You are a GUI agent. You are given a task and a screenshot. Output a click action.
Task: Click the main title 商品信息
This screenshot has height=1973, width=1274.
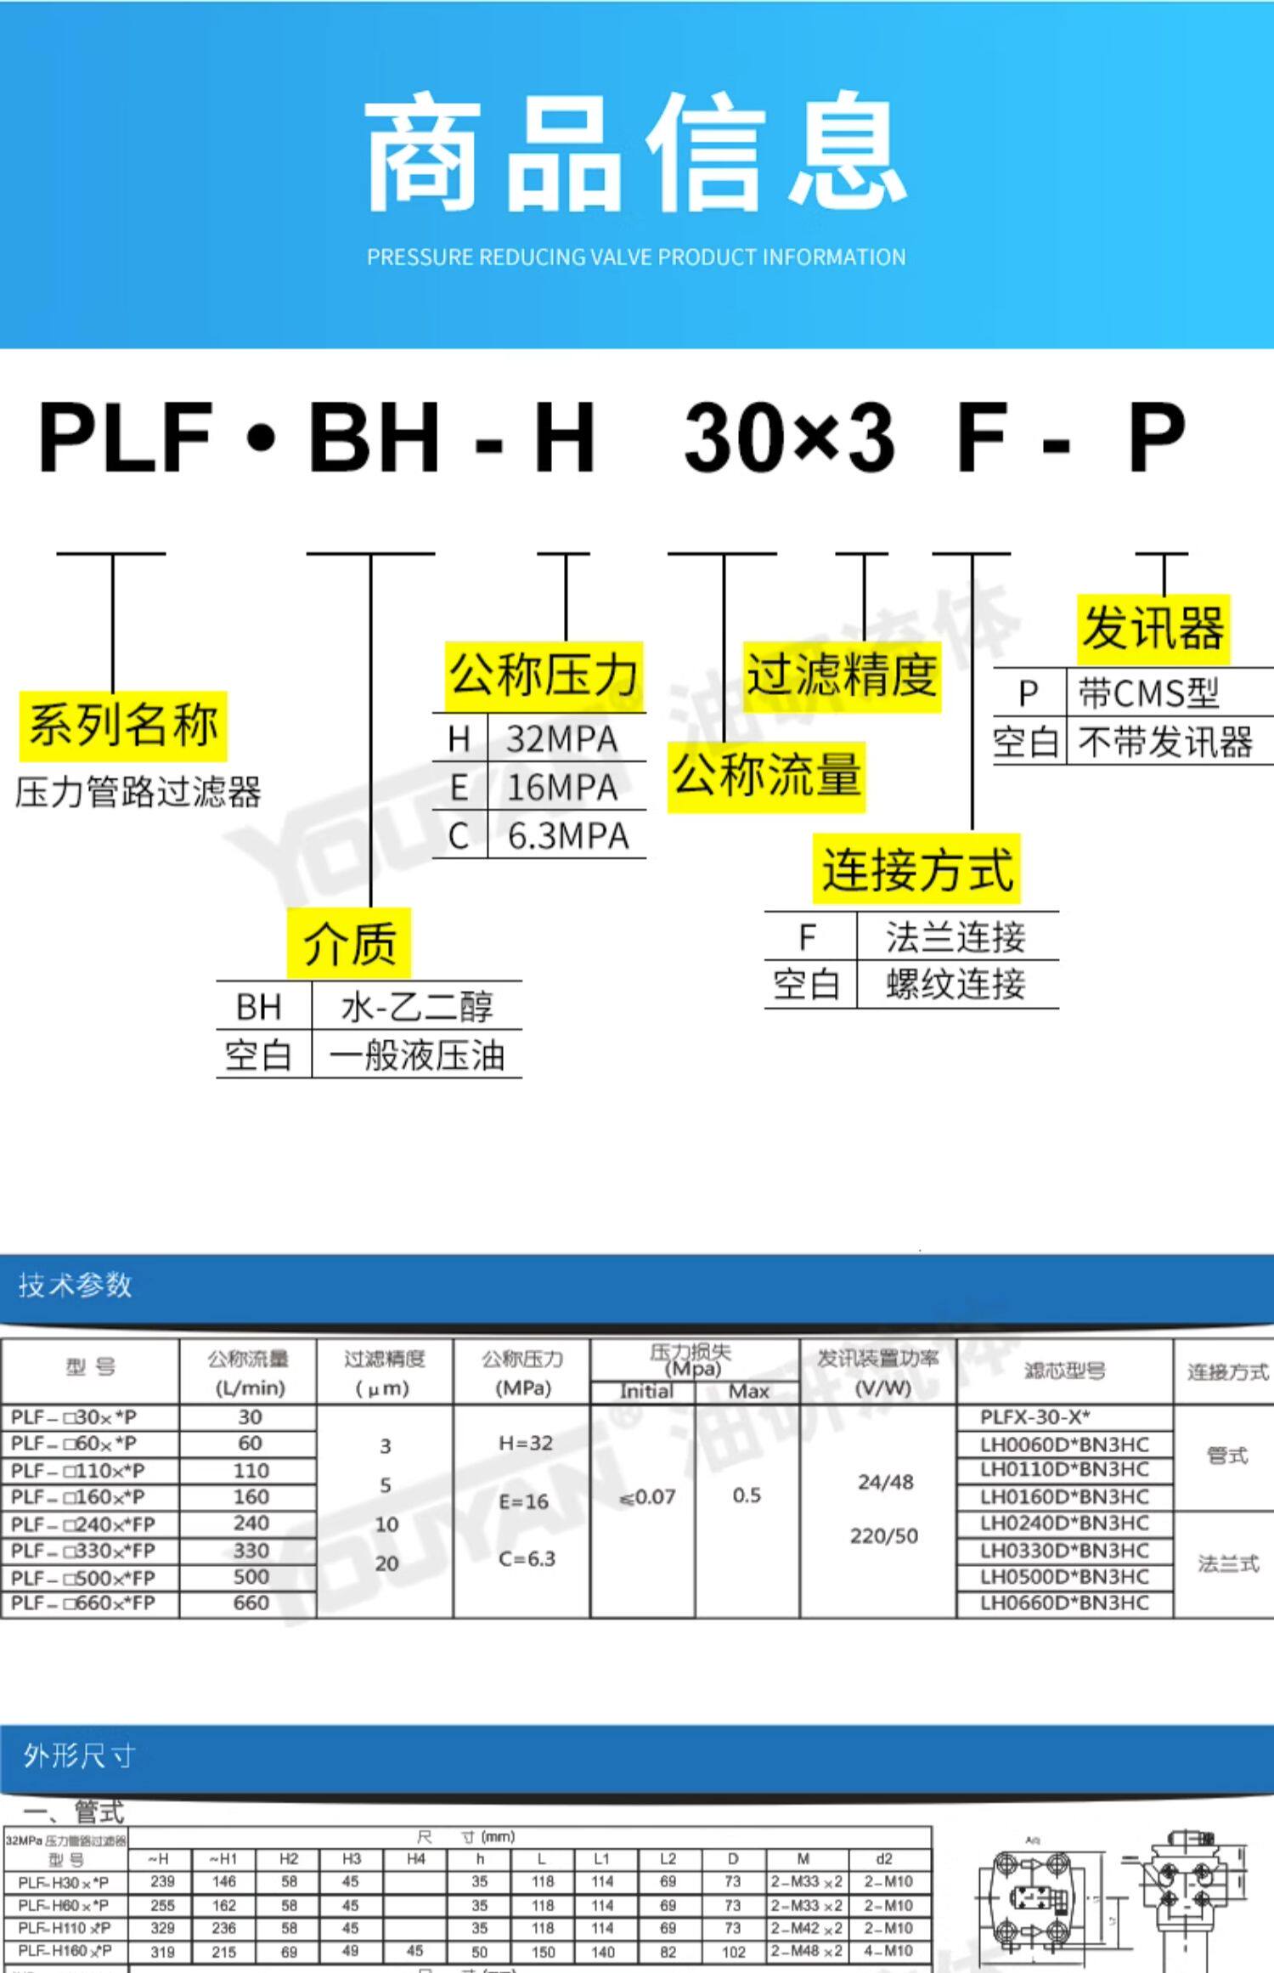coord(636,153)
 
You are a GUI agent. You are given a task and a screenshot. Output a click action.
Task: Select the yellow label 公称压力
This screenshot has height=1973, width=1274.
coord(544,676)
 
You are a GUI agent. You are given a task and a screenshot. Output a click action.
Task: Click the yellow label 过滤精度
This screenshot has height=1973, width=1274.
coord(842,676)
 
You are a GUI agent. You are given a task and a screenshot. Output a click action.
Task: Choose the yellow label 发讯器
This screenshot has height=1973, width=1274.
coord(1153,630)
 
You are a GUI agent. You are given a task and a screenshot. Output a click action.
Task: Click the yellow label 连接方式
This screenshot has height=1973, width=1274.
coord(917,869)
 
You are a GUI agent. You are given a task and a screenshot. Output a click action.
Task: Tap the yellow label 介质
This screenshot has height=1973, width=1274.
coord(349,943)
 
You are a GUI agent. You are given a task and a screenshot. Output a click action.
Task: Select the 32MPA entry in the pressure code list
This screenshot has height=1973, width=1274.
coord(561,739)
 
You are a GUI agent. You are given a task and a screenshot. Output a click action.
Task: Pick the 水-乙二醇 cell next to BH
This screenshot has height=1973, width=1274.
coord(416,1007)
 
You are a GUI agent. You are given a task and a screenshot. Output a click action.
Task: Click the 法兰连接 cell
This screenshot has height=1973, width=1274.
coord(956,937)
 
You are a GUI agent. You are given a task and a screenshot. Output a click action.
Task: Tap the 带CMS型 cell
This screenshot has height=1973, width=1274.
coord(1148,693)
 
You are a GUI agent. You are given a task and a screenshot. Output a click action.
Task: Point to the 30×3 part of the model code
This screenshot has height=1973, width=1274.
coord(789,438)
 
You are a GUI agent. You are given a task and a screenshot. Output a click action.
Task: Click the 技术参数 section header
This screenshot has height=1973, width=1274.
coord(76,1285)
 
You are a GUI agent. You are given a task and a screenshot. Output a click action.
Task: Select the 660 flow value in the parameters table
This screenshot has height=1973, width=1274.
coord(251,1603)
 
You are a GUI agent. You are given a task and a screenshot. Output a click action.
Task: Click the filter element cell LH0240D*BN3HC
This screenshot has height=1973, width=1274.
coord(1063,1523)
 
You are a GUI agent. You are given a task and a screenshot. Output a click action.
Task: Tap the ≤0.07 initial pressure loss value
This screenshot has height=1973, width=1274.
coord(647,1497)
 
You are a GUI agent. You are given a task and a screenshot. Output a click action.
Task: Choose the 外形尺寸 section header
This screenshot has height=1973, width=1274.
coord(79,1755)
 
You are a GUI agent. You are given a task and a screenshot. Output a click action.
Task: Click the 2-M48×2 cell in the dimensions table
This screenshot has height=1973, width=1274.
coord(805,1951)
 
